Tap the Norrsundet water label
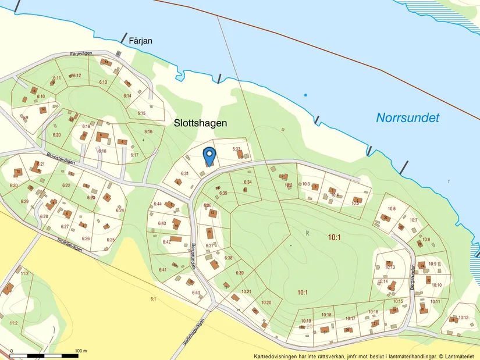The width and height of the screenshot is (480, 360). [x=407, y=117]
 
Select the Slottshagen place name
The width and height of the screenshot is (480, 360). [x=200, y=123]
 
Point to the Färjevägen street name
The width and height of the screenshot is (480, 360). [x=81, y=54]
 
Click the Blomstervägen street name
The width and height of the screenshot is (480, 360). [x=61, y=159]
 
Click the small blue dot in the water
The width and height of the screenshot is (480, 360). [x=305, y=95]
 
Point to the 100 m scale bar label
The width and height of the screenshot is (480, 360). [x=81, y=351]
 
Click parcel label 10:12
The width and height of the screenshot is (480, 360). [x=463, y=318]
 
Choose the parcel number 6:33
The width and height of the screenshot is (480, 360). [x=237, y=149]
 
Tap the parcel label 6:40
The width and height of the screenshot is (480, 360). [x=196, y=293]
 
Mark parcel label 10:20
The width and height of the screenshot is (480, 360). [x=266, y=302]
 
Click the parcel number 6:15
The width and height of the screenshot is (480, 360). [x=141, y=113]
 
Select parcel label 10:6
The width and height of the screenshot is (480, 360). [x=392, y=209]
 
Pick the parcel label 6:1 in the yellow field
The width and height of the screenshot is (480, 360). [x=154, y=299]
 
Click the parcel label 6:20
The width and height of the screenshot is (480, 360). [x=56, y=135]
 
